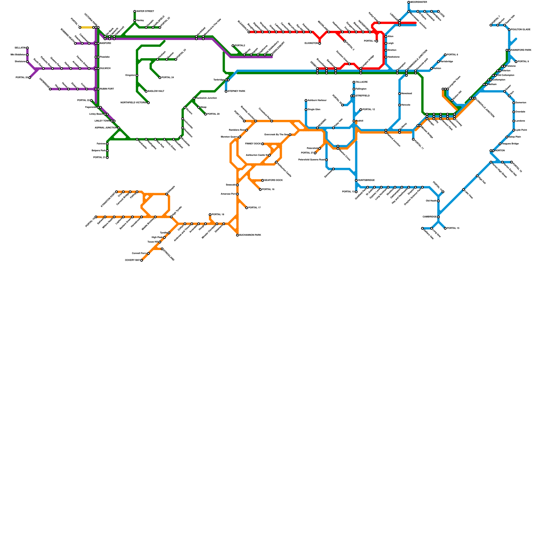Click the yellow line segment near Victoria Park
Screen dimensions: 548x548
click(x=86, y=27)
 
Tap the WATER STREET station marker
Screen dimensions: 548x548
click(x=135, y=11)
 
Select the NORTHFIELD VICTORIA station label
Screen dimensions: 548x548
click(x=134, y=103)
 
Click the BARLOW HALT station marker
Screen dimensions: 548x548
click(x=146, y=91)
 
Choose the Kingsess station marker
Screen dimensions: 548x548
click(x=137, y=75)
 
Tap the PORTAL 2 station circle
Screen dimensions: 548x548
click(x=233, y=46)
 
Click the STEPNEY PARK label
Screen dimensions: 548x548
click(x=237, y=91)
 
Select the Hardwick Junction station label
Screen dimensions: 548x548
click(x=206, y=98)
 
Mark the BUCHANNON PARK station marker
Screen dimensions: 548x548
click(x=237, y=235)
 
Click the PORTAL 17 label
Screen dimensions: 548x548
click(x=254, y=208)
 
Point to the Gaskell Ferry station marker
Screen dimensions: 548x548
click(x=148, y=253)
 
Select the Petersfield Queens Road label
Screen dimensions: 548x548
click(x=311, y=160)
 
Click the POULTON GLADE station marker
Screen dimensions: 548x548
click(x=509, y=30)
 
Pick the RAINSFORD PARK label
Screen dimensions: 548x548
click(x=521, y=50)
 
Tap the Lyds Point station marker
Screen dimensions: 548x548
click(x=514, y=130)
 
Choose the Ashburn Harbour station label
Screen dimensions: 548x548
click(x=317, y=100)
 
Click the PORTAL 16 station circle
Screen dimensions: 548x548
click(x=445, y=228)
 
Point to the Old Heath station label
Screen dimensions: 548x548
click(x=431, y=201)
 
